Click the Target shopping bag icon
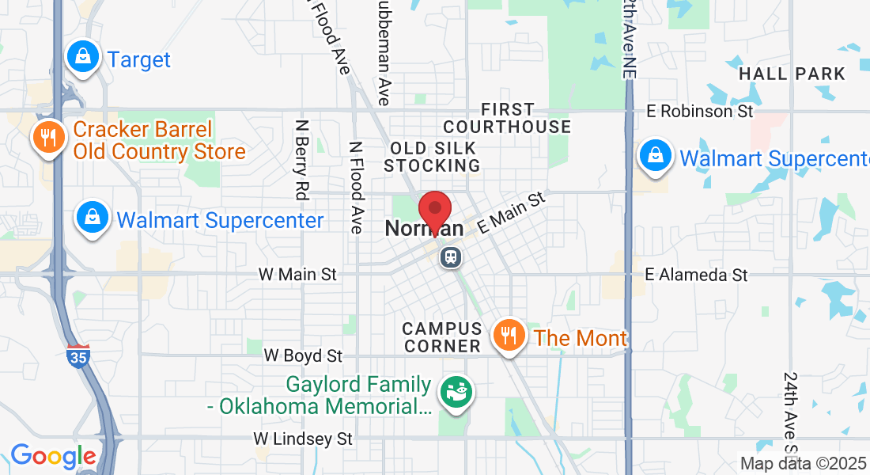pos(82,57)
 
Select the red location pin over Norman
pos(434,211)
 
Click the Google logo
pos(53,456)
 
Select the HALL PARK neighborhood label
pos(792,74)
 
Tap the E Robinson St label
pos(700,112)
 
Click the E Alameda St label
pos(696,275)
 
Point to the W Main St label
pos(297,275)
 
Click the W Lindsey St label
pos(303,438)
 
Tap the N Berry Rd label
pos(301,158)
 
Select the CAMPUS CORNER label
pos(441,337)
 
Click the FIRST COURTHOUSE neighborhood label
pos(507,118)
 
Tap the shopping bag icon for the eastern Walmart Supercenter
pos(655,156)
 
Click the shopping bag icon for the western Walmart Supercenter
pos(93,217)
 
